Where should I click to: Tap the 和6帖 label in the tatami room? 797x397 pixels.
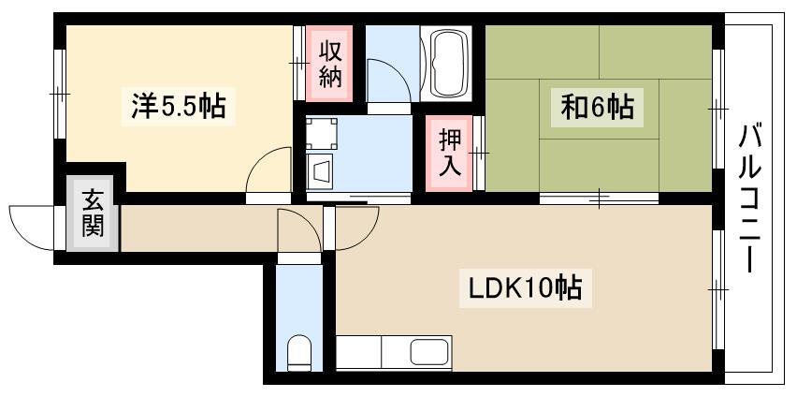pos(597,108)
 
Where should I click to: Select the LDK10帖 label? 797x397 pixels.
pos(526,288)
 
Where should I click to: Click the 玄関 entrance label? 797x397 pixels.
pos(93,213)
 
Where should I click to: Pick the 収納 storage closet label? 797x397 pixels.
pos(330,64)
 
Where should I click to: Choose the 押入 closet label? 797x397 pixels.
pos(449,154)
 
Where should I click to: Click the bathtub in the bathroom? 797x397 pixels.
pos(446,63)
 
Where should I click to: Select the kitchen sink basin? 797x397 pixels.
pos(428,352)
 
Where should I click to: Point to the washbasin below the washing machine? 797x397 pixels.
pos(319,167)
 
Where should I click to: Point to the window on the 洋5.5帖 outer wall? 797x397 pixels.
pos(60,95)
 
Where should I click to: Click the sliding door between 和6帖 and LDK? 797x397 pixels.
pos(600,198)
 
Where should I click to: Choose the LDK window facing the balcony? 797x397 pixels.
pos(717,290)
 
